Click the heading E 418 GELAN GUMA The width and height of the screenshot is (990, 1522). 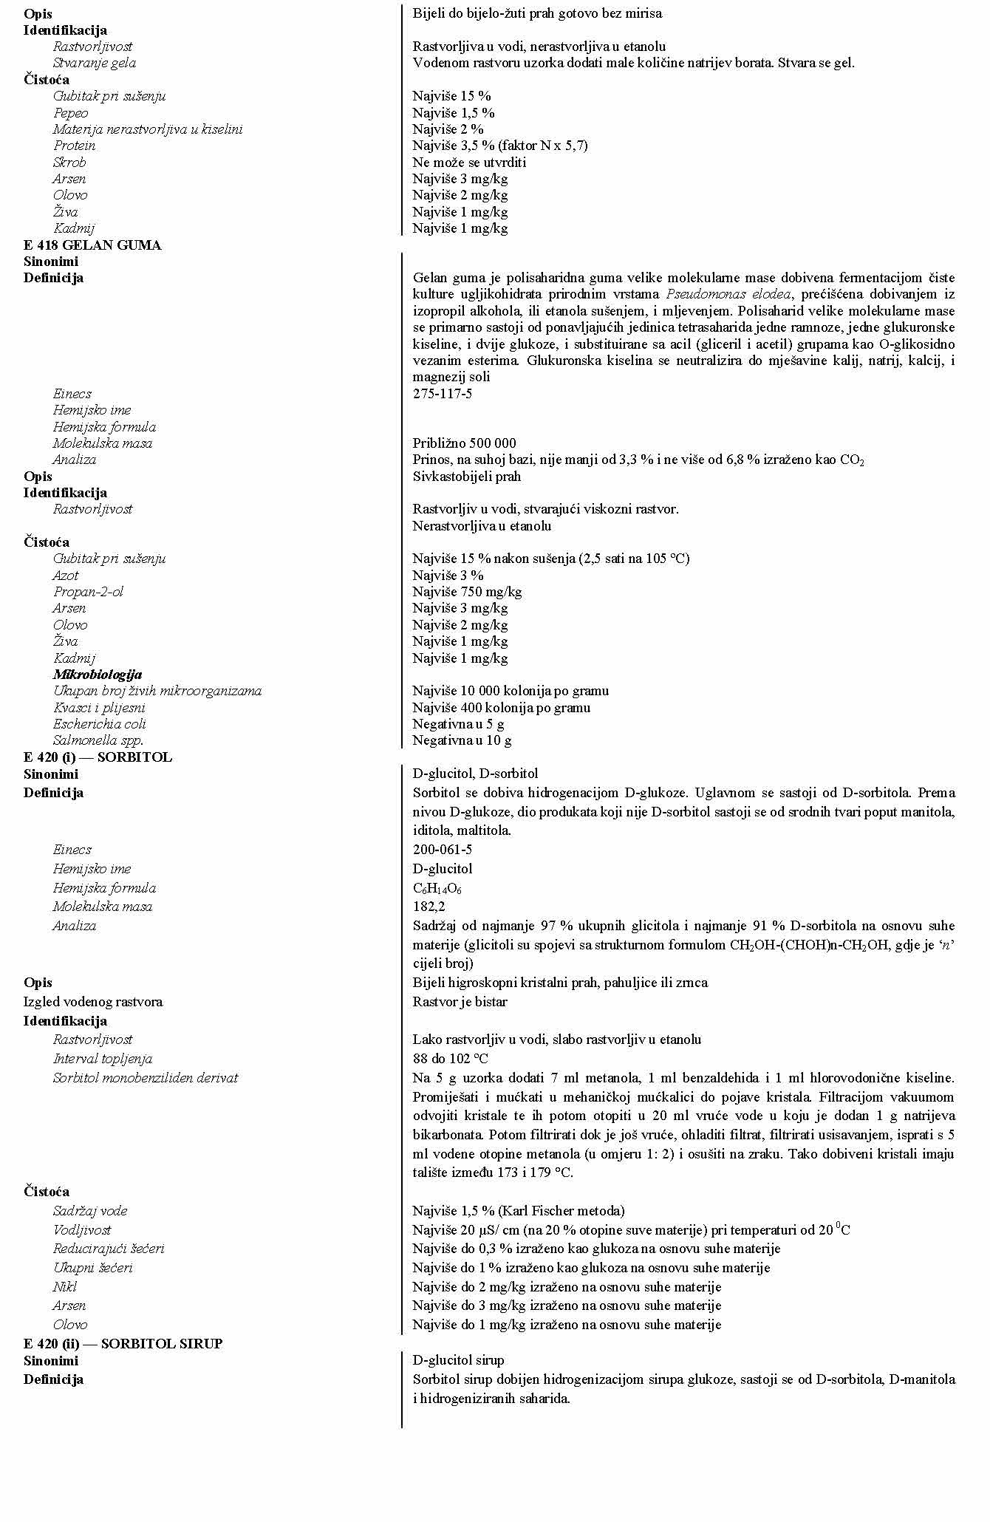[x=92, y=245]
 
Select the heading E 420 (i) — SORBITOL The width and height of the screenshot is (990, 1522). [x=98, y=757]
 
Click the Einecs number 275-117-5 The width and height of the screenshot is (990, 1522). [x=442, y=394]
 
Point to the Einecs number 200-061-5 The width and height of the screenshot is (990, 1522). [x=442, y=850]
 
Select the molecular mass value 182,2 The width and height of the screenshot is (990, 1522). [x=429, y=907]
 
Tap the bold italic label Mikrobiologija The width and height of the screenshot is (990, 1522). [x=98, y=675]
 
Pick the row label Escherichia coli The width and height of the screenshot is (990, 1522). [x=100, y=724]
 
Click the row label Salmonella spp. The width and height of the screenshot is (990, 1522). [x=98, y=740]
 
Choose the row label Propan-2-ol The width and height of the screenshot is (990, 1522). [x=88, y=592]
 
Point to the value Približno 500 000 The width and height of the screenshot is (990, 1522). [x=464, y=443]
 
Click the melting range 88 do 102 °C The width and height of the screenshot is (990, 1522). [x=450, y=1059]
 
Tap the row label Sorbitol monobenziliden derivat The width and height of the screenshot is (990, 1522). [x=146, y=1078]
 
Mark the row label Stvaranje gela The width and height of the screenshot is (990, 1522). [x=94, y=63]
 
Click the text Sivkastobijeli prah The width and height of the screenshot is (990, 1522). [x=466, y=477]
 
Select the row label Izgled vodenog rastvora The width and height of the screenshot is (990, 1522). [x=93, y=1002]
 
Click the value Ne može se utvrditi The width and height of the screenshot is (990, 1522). [x=469, y=163]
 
